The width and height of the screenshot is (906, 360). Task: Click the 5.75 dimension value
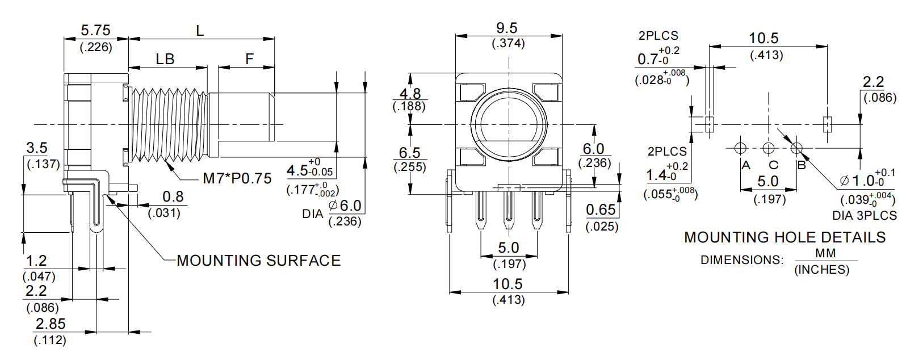coord(95,30)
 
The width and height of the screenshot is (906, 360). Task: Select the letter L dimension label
coord(200,31)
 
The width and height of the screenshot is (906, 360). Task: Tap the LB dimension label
coord(165,58)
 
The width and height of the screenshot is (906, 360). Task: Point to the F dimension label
coord(249,58)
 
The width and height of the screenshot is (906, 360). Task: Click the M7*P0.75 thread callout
coord(237,178)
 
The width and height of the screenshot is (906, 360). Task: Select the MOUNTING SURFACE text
coord(259,261)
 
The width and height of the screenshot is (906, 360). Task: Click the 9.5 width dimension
coord(507,28)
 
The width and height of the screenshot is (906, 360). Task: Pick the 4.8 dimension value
coord(410,93)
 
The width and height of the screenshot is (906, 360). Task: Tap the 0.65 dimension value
coord(601,210)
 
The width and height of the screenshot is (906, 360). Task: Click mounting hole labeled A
coord(740,148)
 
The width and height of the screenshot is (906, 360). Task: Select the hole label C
coord(773,165)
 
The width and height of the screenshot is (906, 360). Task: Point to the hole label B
coord(802,165)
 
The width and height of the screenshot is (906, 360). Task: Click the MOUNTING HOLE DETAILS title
coord(785,237)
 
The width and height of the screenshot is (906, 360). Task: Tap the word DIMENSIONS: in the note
coord(741,260)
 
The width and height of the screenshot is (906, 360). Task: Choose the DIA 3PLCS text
coord(864,216)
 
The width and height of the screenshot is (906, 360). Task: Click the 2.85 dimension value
coord(51,324)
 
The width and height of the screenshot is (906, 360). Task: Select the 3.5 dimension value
coord(37,148)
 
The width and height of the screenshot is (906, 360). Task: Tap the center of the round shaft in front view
coord(509,124)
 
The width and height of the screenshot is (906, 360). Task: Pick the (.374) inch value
coord(508,44)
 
